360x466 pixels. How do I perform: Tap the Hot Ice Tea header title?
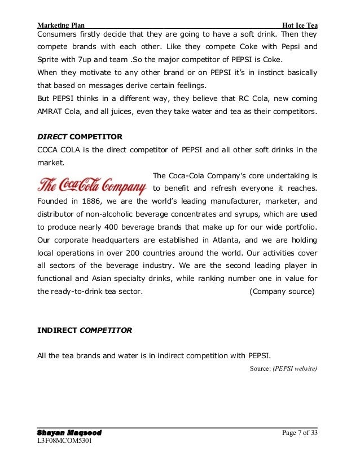(x=300, y=25)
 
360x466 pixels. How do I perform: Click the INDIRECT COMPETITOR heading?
(x=84, y=331)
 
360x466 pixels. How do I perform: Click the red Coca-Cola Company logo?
(x=93, y=184)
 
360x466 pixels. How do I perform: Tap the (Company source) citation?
(x=282, y=292)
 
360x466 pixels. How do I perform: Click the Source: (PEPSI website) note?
(x=283, y=370)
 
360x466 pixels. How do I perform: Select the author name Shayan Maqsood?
(x=69, y=433)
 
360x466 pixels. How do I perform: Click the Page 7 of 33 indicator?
(x=299, y=433)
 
